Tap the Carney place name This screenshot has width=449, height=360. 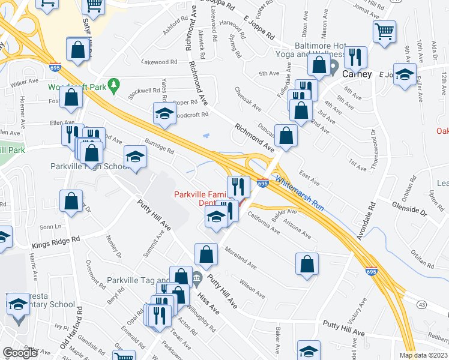click(357, 74)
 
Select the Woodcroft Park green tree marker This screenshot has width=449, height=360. click(112, 83)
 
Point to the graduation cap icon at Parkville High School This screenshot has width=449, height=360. click(136, 157)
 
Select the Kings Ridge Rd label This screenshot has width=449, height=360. click(56, 239)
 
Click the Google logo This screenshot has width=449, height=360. click(20, 353)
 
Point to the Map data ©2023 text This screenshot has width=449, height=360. click(424, 355)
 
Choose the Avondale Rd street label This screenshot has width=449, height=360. click(367, 220)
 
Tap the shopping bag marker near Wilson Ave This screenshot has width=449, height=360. click(307, 263)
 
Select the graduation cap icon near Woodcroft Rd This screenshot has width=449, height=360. click(164, 113)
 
